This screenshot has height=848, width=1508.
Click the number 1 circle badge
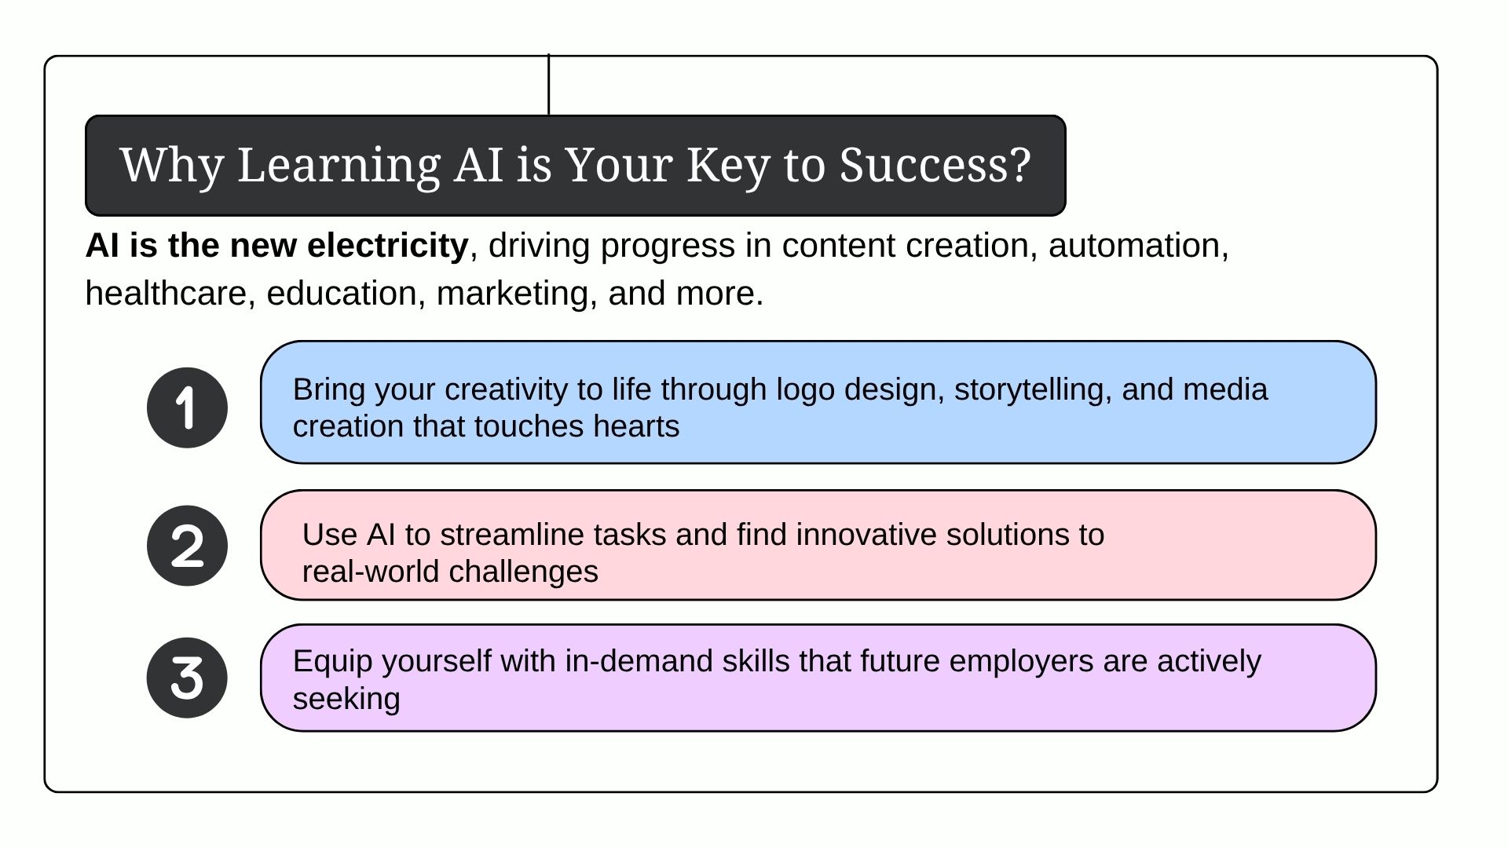point(187,408)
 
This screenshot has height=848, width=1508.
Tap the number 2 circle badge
point(187,546)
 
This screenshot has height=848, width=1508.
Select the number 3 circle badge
point(187,678)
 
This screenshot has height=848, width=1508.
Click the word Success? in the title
point(935,165)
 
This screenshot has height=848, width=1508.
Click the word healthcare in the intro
point(166,294)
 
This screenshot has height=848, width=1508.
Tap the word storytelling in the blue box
point(1028,390)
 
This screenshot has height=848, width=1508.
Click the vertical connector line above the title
point(548,84)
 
